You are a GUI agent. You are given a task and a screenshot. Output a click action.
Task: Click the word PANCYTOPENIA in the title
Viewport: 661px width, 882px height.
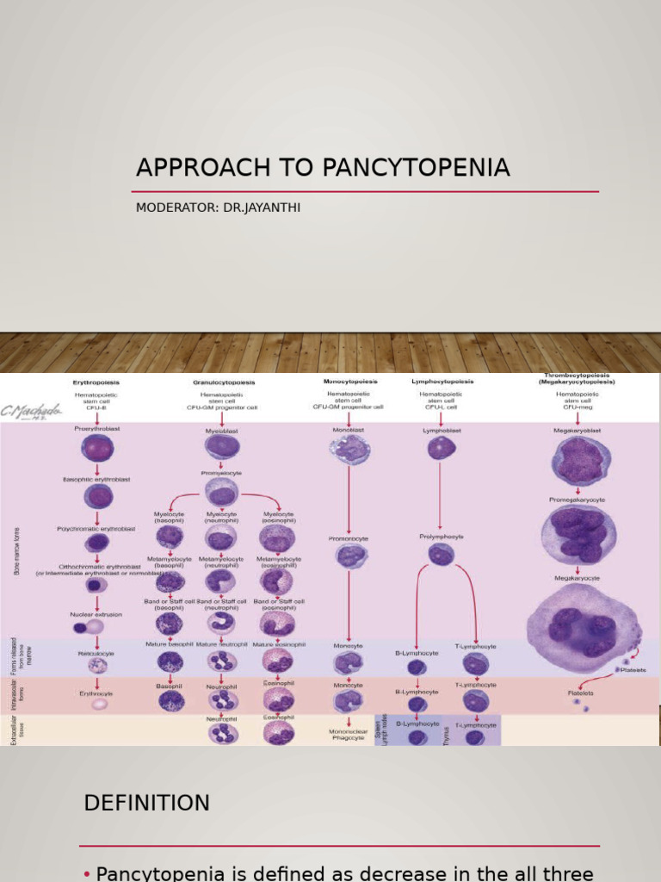416,168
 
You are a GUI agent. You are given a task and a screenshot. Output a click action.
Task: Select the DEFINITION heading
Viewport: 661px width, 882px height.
146,803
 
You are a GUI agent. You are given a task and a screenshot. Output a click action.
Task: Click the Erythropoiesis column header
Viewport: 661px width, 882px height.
96,382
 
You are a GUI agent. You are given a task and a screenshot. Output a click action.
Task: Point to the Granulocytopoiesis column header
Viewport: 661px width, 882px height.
224,382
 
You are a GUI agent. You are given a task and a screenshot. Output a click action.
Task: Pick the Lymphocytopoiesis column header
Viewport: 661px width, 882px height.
442,381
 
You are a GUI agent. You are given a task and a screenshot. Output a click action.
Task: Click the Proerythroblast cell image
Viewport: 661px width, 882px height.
96,448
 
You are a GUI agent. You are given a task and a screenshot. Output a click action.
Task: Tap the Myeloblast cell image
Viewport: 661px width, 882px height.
221,445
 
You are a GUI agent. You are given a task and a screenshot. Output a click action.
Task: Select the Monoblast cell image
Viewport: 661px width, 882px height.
349,449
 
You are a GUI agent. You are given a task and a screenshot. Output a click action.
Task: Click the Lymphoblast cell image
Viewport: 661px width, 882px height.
442,448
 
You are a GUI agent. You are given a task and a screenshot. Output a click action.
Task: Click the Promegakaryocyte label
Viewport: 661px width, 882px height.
577,500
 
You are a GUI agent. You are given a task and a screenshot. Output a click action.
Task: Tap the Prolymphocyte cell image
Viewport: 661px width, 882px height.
441,554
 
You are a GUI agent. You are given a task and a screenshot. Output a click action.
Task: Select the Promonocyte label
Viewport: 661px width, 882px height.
348,537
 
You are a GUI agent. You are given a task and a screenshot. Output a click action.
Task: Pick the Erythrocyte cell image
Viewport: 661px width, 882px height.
100,704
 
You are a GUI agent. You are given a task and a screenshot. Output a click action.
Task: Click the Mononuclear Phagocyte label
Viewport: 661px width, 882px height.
348,733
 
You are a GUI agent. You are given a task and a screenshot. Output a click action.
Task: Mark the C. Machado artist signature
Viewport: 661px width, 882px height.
31,413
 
